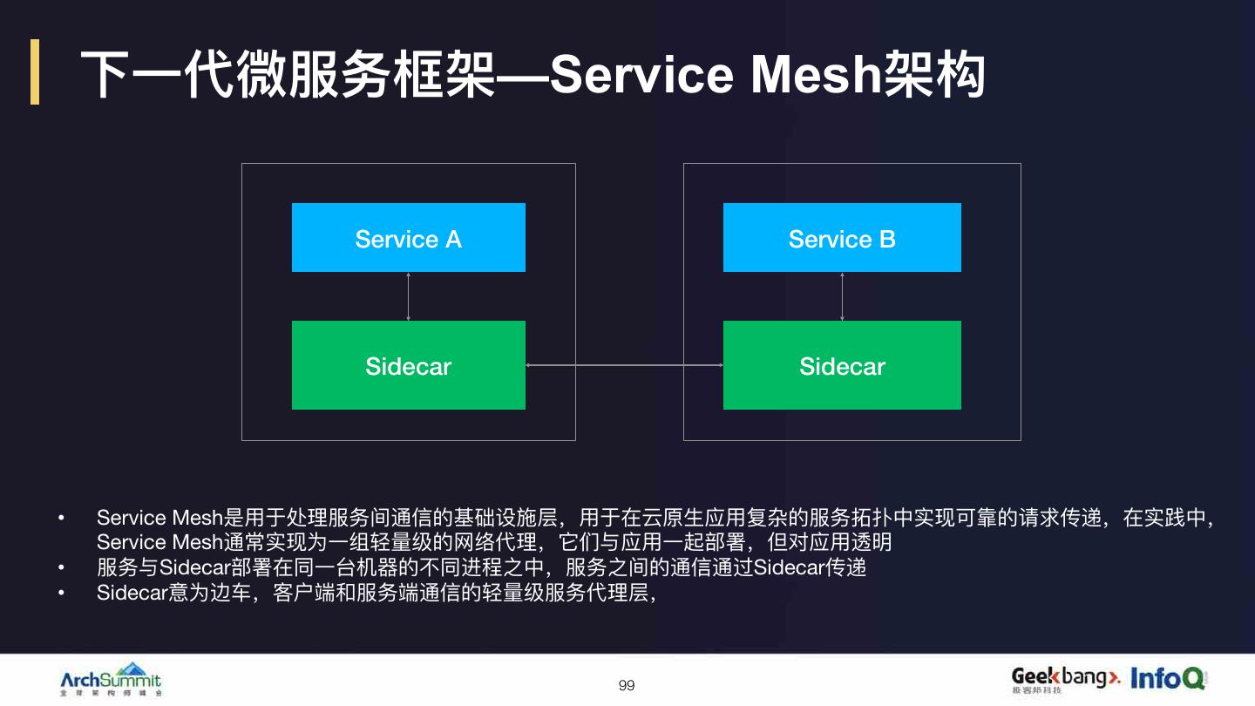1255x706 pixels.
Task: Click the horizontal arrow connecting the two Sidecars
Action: click(624, 366)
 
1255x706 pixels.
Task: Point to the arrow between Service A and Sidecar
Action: click(408, 296)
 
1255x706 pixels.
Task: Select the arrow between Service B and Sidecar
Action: click(842, 296)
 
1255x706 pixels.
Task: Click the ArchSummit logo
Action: click(111, 680)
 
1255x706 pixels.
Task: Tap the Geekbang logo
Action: click(1065, 678)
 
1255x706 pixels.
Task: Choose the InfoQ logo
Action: click(1168, 678)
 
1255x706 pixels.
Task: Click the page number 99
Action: click(627, 686)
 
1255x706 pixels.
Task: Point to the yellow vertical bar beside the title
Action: click(35, 71)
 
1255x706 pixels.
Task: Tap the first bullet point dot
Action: click(62, 519)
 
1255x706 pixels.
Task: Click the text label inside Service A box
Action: click(408, 239)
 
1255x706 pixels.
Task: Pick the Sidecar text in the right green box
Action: click(842, 366)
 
